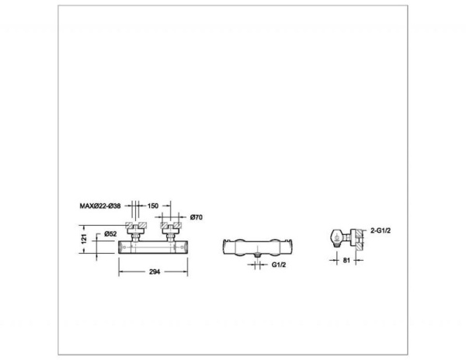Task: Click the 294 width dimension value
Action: tap(155, 272)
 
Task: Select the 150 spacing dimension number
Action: tap(153, 206)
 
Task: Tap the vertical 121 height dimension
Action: tap(84, 239)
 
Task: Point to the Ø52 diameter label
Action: tap(110, 234)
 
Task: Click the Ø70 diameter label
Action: tap(196, 217)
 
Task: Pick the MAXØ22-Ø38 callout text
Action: tap(100, 206)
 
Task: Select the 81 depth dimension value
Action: tap(346, 260)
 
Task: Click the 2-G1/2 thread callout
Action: tap(381, 230)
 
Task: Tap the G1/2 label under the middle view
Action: tap(279, 265)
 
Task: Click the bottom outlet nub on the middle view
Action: tap(258, 254)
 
